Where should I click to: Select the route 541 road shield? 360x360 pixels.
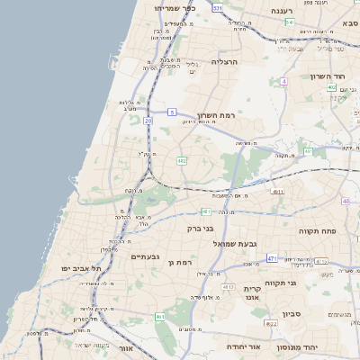pos(290,22)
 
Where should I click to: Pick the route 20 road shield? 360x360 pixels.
pos(148,120)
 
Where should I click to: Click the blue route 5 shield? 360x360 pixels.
pos(171,112)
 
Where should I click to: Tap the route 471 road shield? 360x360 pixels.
pos(272,258)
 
